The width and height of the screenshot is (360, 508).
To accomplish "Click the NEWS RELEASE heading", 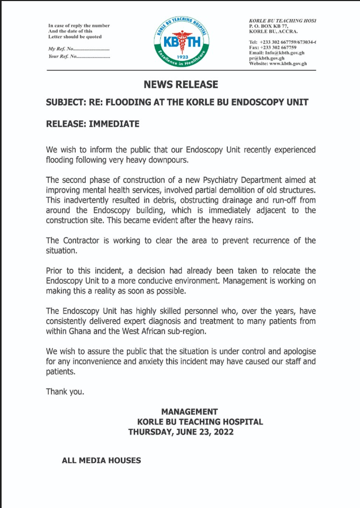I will [181, 85].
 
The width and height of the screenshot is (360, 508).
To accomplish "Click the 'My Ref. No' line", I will [79, 48].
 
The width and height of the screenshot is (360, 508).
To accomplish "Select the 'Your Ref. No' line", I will [79, 56].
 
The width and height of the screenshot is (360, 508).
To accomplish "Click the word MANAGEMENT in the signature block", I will [189, 412].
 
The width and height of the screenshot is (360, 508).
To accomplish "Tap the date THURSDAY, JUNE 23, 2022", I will [181, 432].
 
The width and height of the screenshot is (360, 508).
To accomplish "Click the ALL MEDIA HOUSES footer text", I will [101, 460].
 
